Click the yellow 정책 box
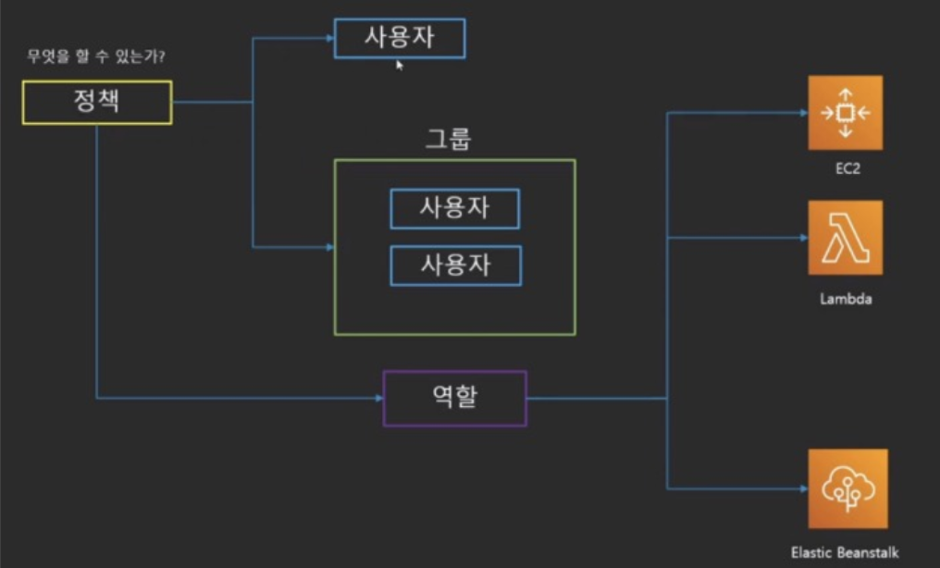[x=96, y=102]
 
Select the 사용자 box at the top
[x=400, y=39]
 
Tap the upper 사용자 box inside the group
[x=454, y=209]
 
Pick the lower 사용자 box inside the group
[x=455, y=265]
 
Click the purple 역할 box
[x=454, y=399]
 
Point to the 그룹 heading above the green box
[x=448, y=140]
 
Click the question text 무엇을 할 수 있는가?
[x=96, y=57]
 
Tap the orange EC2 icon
[x=845, y=113]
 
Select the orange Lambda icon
[x=845, y=238]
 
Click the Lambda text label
[x=846, y=300]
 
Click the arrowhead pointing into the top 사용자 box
[x=328, y=39]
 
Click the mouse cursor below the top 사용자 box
[x=400, y=66]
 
